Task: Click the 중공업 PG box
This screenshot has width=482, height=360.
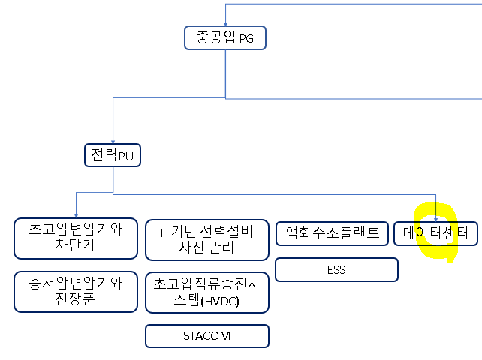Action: pyautogui.click(x=225, y=37)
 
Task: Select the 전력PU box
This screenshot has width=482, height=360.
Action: pyautogui.click(x=113, y=155)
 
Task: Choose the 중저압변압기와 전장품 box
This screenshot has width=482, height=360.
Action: pyautogui.click(x=75, y=292)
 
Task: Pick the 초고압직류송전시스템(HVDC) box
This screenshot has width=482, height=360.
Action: pyautogui.click(x=206, y=292)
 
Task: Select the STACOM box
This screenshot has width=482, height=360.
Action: pyautogui.click(x=206, y=336)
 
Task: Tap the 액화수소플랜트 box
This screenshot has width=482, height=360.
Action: pyautogui.click(x=333, y=232)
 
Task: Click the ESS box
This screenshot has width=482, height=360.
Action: pyautogui.click(x=336, y=269)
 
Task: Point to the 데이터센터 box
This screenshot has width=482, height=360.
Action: pyautogui.click(x=435, y=233)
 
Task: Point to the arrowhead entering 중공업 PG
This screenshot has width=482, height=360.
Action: pyautogui.click(x=225, y=24)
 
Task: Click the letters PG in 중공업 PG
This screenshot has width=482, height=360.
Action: pyautogui.click(x=247, y=39)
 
